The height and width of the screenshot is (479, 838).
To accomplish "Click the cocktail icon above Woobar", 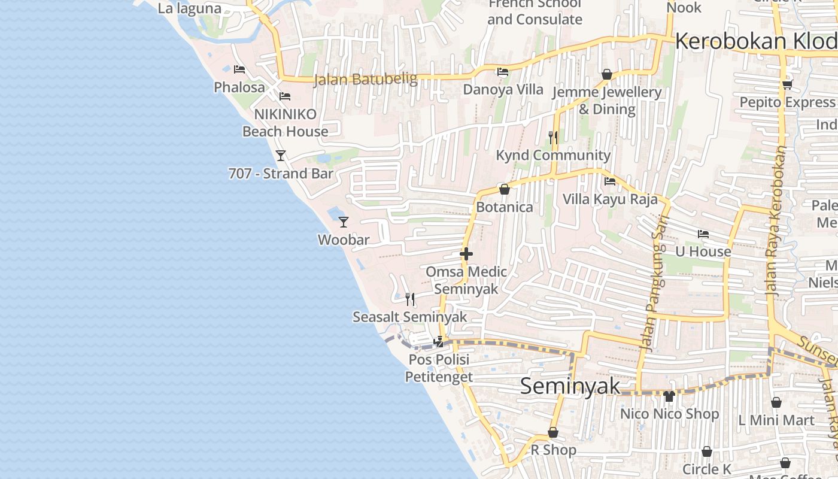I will point(343,222).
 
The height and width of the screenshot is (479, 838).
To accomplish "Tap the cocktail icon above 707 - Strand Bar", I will point(280,156).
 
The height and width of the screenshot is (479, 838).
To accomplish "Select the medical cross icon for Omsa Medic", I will point(466,254).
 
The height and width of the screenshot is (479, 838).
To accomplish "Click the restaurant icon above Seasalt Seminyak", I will point(410,299).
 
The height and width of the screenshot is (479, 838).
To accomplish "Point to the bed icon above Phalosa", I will point(239,69).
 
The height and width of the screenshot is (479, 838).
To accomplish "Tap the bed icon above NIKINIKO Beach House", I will point(285,96).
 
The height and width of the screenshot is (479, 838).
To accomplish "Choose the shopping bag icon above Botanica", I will point(505,189).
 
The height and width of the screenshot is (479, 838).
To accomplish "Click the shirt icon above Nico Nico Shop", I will point(669,396).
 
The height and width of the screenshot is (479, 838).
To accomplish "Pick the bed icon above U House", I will point(703,234).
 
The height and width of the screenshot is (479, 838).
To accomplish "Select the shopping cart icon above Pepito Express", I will point(787,84).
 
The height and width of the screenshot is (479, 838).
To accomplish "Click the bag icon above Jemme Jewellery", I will point(607,75).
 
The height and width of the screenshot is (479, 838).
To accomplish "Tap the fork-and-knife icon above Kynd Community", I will point(553,138).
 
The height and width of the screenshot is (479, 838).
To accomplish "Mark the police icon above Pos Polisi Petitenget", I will point(439,342).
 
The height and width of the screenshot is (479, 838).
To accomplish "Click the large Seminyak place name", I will point(570,386).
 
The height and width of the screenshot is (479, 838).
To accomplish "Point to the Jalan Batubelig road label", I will point(365,79).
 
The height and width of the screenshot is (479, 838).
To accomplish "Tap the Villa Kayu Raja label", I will point(610,199).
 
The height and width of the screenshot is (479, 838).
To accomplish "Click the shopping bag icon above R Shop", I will point(553,432).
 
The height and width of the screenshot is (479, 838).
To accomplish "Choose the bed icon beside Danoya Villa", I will point(503,72).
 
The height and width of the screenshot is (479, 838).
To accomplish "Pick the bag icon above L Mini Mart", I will point(776,402).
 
